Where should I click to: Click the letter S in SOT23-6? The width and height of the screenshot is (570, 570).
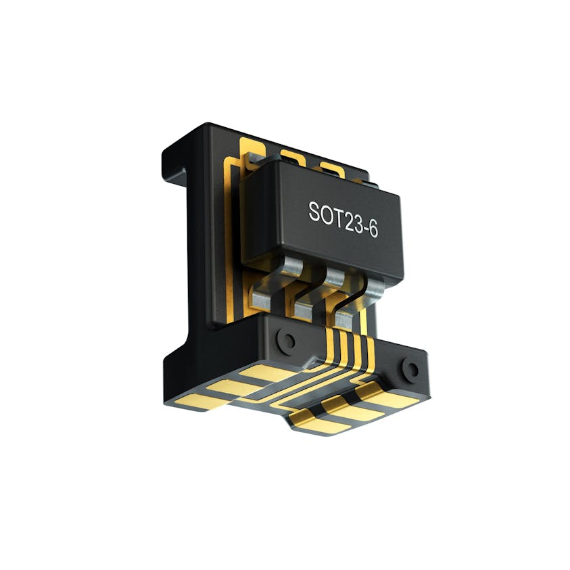[x=315, y=212]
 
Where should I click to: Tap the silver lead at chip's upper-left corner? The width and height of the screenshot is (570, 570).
[x=252, y=160]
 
